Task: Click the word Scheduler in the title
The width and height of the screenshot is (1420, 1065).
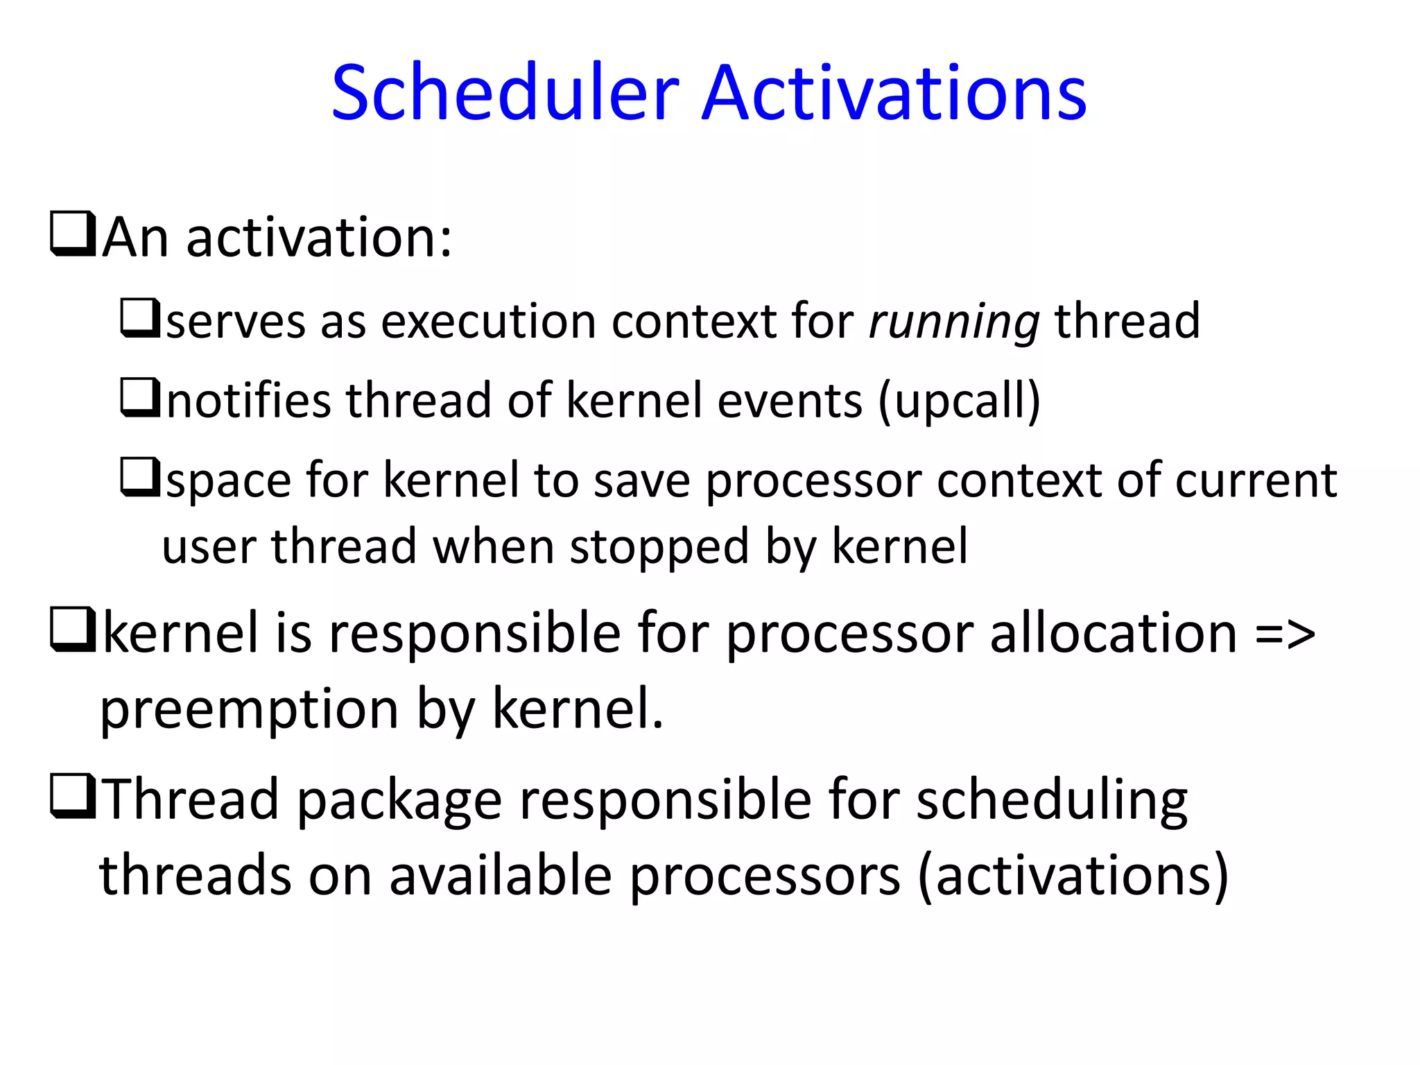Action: pyautogui.click(x=505, y=93)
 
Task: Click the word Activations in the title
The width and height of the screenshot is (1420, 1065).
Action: pyautogui.click(x=894, y=93)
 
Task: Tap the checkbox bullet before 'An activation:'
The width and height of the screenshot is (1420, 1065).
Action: pyautogui.click(x=72, y=234)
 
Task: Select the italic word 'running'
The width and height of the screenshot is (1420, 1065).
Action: pyautogui.click(x=954, y=322)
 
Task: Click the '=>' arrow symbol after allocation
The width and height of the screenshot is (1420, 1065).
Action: pyautogui.click(x=1285, y=634)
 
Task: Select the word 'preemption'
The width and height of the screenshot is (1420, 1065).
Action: pyautogui.click(x=249, y=710)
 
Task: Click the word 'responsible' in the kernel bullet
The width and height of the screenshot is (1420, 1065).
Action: pyautogui.click(x=474, y=634)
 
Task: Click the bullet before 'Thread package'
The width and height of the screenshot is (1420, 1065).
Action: pyautogui.click(x=72, y=796)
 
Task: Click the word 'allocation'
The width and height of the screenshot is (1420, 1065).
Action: pyautogui.click(x=1113, y=634)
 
